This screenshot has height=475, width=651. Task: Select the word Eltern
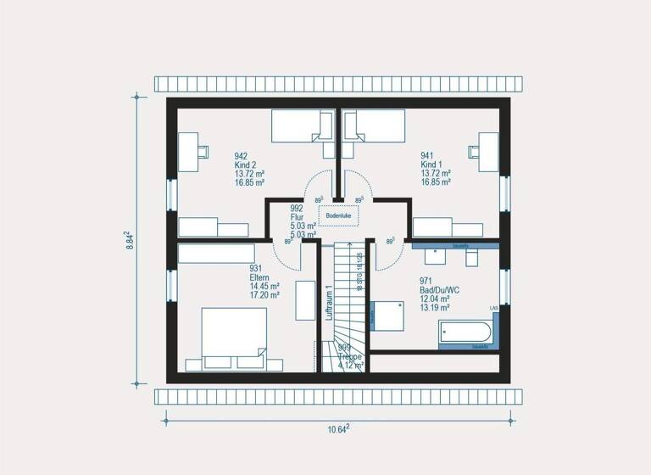259,277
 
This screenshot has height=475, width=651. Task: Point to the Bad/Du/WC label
439,290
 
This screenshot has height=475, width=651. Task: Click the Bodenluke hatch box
338,215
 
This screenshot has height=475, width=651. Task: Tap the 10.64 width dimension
338,428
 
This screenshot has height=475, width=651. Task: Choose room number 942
241,156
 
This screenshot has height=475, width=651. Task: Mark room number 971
426,281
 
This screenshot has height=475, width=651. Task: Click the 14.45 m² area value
264,287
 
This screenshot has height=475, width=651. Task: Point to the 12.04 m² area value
436,299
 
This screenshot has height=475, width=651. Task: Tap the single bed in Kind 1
375,126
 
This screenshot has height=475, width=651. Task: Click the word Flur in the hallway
297,217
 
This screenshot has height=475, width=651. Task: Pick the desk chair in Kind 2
204,151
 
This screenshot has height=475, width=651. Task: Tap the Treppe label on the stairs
350,357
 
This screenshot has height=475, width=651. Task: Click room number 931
256,268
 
